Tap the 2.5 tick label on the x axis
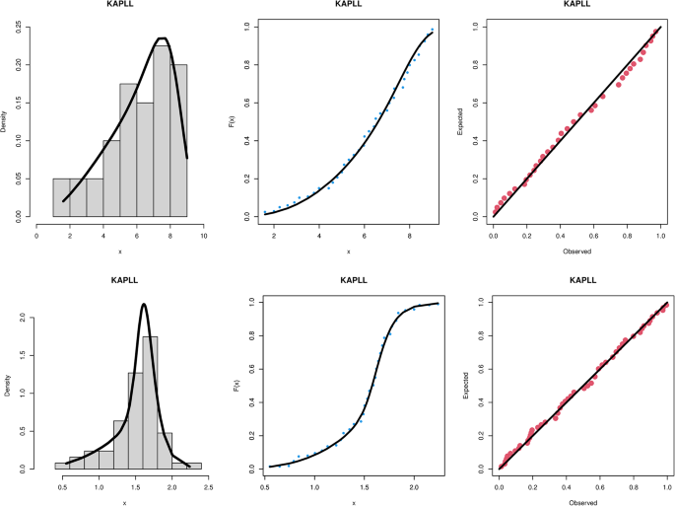pos(208,486)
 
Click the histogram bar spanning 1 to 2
pos(61,197)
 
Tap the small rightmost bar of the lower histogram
pos(194,466)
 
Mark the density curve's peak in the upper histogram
pos(163,38)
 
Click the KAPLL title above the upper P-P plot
pos(576,5)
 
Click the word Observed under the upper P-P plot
pos(576,252)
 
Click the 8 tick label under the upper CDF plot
pos(409,235)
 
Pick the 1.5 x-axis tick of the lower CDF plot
pos(364,486)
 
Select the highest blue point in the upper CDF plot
pos(432,29)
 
